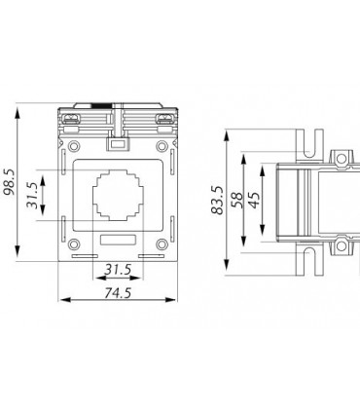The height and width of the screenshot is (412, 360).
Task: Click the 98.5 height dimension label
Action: pyautogui.click(x=10, y=182)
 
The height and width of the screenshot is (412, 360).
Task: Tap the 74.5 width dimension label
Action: pyautogui.click(x=118, y=293)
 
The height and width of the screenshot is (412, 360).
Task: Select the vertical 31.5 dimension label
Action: pyautogui.click(x=33, y=195)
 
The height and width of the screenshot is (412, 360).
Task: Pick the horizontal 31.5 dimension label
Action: pyautogui.click(x=118, y=270)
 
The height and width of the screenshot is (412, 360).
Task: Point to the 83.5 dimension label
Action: pyautogui.click(x=217, y=201)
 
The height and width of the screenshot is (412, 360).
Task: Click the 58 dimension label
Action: pyautogui.click(x=237, y=200)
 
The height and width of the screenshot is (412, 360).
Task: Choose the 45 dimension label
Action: pyautogui.click(x=254, y=200)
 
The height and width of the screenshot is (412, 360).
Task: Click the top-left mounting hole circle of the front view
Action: pyautogui.click(x=74, y=146)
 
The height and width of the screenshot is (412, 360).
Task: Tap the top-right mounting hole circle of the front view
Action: pyautogui.click(x=162, y=146)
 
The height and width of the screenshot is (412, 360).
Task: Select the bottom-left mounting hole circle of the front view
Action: pyautogui.click(x=74, y=244)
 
